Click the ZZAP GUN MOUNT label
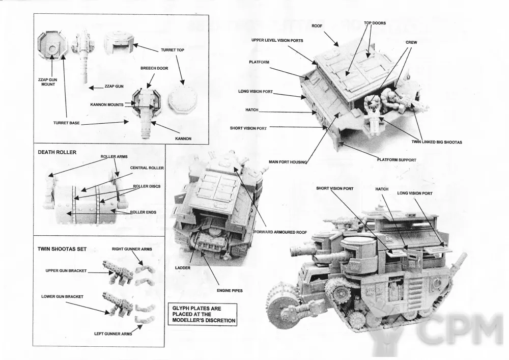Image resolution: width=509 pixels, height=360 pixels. click(x=45, y=81)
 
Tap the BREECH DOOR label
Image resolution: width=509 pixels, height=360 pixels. click(x=154, y=68)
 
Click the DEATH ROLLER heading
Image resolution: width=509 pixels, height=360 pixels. click(x=57, y=152)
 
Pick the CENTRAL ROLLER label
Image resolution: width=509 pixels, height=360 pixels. click(x=147, y=168)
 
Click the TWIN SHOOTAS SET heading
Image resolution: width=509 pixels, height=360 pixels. click(x=62, y=249)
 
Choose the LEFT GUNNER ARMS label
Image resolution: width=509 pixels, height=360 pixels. click(x=113, y=334)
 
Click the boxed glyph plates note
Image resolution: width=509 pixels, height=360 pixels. click(x=204, y=314)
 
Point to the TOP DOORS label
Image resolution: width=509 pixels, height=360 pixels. click(x=375, y=23)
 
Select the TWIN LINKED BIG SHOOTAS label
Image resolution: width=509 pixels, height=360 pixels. click(x=437, y=142)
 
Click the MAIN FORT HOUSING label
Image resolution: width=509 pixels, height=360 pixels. click(x=288, y=162)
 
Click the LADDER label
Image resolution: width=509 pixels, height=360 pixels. click(x=183, y=267)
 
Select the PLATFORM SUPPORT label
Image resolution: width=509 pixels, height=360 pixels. click(x=397, y=160)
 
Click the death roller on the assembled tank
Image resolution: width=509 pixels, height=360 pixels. click(x=280, y=306)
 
